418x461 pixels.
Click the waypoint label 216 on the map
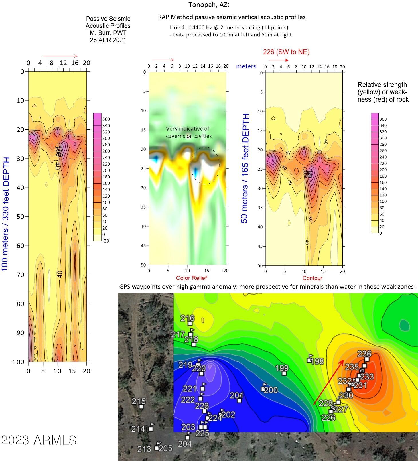click(188, 318)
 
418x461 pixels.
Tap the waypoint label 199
click(282, 368)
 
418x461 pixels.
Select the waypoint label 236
click(364, 354)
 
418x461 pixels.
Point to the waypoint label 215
click(139, 401)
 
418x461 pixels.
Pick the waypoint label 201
click(236, 395)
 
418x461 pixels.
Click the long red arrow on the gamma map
click(329, 382)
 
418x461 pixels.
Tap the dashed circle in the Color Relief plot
click(205, 166)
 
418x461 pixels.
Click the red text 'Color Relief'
click(191, 278)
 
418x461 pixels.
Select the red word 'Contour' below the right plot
click(312, 278)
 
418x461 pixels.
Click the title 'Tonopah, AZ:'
click(209, 5)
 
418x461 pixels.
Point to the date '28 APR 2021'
click(108, 40)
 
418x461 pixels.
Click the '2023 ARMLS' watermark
click(39, 440)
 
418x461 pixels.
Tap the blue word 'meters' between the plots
click(246, 66)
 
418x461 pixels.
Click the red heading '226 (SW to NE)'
click(286, 52)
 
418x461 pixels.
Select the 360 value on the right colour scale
click(383, 119)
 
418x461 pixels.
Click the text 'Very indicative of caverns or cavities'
click(189, 132)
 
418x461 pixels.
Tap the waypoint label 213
click(144, 449)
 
